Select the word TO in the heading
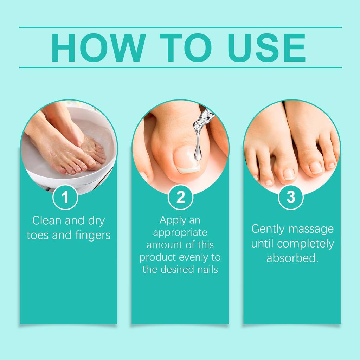185,47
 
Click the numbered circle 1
65,197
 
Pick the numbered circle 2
180,197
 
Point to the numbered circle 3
291,197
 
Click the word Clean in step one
47,220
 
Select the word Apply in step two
170,220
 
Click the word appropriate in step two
180,233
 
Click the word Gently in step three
268,229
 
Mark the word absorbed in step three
292,258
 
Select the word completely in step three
306,244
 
